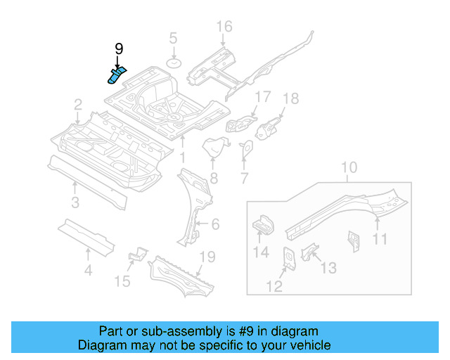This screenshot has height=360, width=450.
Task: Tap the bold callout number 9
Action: tap(119, 49)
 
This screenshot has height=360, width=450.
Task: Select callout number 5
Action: tap(173, 39)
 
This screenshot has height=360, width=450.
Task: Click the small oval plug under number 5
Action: tap(173, 64)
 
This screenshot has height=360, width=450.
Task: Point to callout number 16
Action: tap(224, 27)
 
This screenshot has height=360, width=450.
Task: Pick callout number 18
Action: tap(290, 98)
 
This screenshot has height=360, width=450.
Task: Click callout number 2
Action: tap(78, 105)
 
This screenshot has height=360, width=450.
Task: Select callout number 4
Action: tap(88, 269)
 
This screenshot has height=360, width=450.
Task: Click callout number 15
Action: tap(122, 281)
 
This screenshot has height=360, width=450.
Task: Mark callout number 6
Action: tap(214, 224)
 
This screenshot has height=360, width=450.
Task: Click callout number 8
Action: tap(213, 179)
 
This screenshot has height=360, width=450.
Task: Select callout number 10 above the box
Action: tap(349, 168)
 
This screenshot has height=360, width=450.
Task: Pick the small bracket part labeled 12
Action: tap(288, 258)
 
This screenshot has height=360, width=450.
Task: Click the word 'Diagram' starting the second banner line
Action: tap(98, 345)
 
